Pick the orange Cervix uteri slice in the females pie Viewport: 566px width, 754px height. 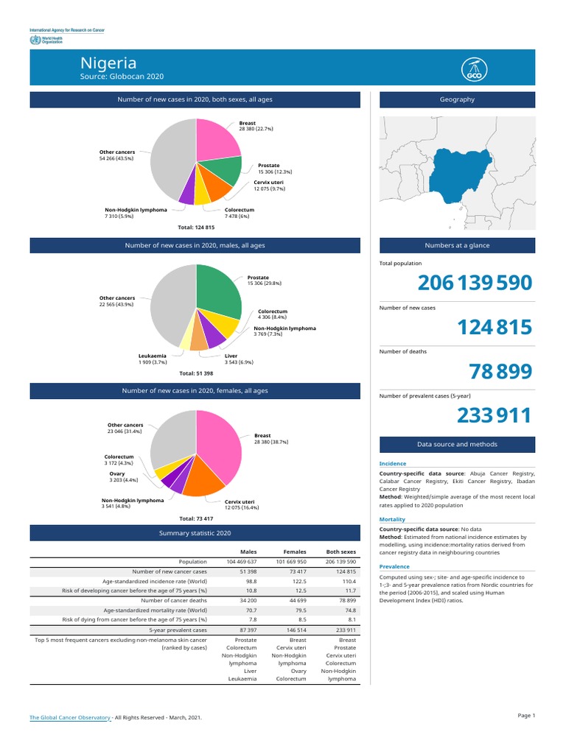[x=203, y=480]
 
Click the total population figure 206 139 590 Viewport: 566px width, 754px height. [x=474, y=283]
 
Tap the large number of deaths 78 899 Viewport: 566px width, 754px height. [x=500, y=372]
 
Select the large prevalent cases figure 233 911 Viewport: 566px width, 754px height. [x=494, y=416]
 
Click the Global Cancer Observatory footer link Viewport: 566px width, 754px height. [x=70, y=717]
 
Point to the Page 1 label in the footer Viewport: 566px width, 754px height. [x=526, y=716]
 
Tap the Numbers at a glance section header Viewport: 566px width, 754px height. [x=457, y=245]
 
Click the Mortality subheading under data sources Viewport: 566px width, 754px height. [x=392, y=520]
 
